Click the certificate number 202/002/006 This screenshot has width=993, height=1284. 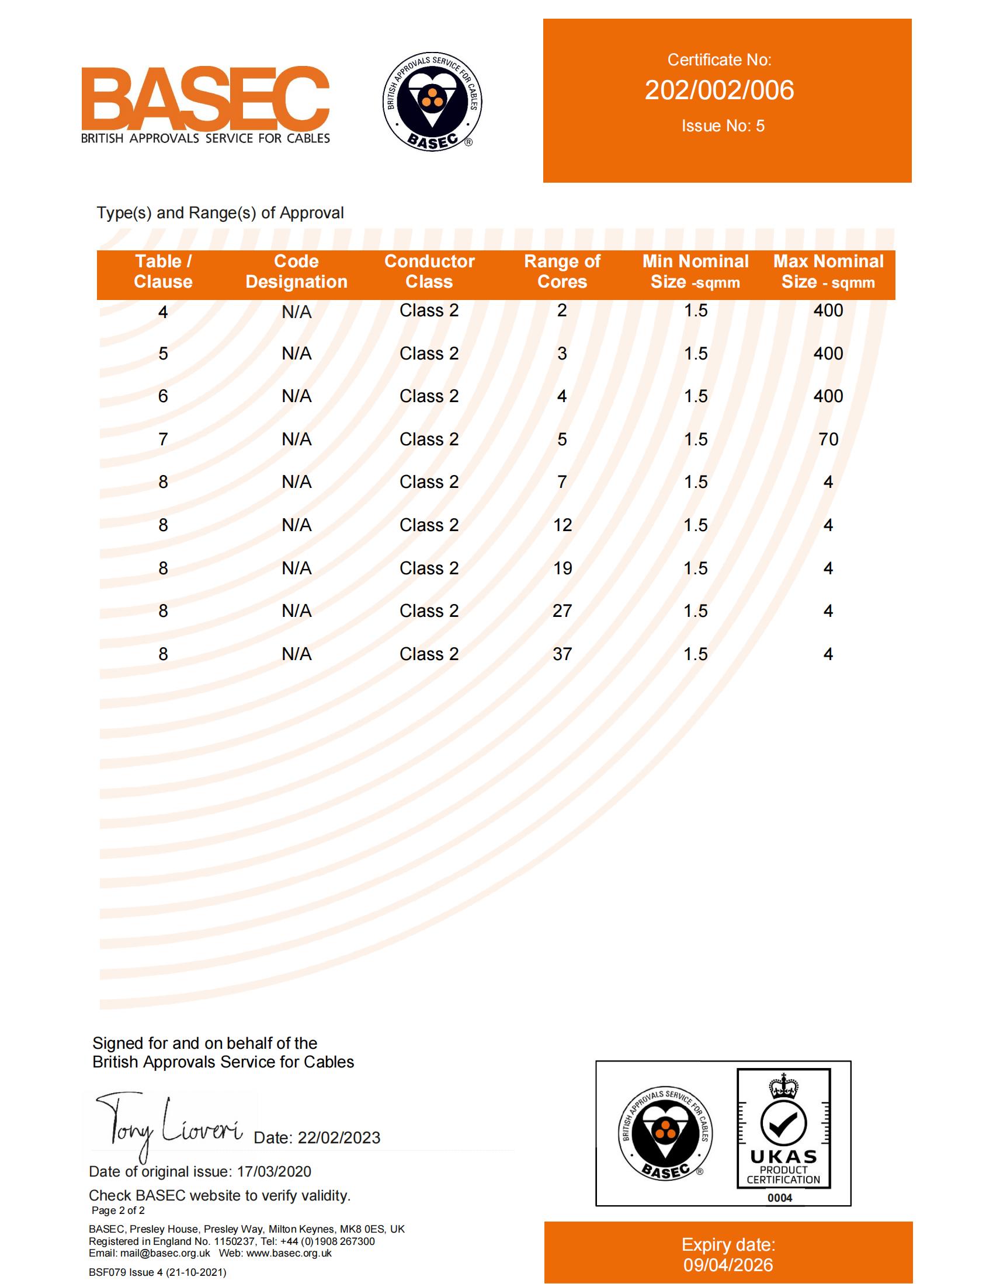[719, 90]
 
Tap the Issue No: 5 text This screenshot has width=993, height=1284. [723, 126]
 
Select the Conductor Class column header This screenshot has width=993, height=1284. [429, 271]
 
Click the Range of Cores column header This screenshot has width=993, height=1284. [562, 271]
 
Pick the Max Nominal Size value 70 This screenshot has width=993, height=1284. [828, 439]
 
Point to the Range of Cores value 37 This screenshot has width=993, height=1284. [562, 654]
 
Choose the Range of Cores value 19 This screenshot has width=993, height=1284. [562, 568]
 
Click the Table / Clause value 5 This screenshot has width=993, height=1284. [163, 353]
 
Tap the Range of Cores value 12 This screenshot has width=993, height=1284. [562, 525]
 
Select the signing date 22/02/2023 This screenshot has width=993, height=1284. [339, 1138]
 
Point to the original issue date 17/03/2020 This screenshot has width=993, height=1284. [273, 1171]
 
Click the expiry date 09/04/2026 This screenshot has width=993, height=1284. [728, 1265]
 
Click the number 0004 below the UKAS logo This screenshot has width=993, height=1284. [779, 1198]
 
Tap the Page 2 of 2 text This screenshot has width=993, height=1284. [118, 1210]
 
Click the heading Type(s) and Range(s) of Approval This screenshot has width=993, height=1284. [220, 213]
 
